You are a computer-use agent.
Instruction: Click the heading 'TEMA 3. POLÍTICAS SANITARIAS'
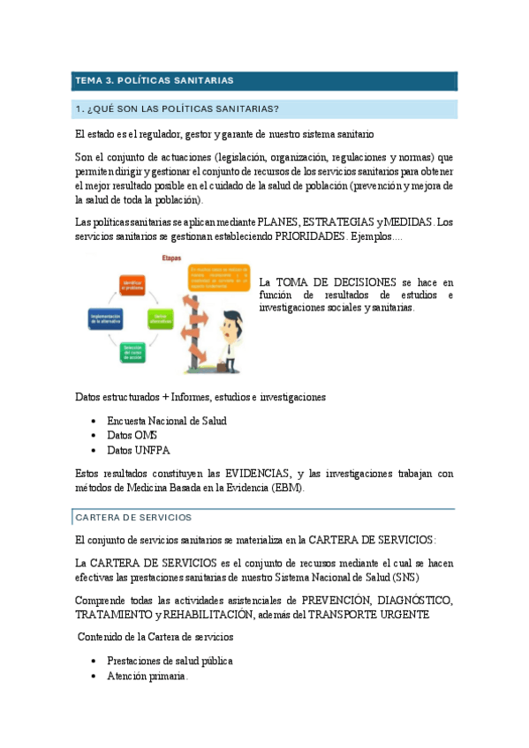tap(155, 80)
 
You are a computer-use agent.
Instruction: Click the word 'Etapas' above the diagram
tap(172, 258)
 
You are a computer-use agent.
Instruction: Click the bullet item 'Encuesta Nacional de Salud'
tap(166, 421)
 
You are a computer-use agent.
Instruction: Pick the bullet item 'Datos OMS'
tap(132, 435)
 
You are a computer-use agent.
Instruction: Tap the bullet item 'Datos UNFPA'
tap(138, 449)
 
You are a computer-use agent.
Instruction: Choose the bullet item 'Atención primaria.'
tap(147, 676)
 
